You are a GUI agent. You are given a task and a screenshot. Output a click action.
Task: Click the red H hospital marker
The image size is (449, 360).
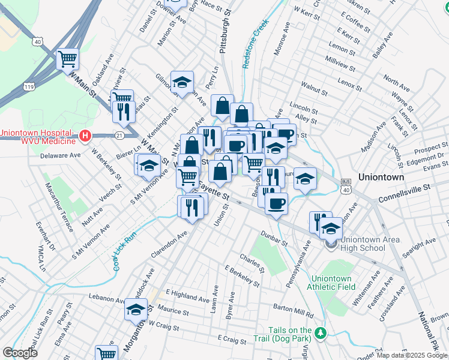(85, 136)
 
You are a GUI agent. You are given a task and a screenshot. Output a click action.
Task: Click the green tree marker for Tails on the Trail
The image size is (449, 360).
(322, 333)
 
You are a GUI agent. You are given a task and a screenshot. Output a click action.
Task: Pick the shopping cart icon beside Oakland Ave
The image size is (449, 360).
(68, 59)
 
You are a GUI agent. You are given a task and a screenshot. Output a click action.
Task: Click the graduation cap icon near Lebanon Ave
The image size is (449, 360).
(136, 310)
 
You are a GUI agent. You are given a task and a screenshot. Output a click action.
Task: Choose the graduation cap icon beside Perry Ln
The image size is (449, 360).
(182, 82)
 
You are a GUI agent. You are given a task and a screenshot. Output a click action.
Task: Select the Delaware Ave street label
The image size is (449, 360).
(60, 155)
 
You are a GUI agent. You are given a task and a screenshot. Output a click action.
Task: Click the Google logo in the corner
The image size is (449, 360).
(20, 353)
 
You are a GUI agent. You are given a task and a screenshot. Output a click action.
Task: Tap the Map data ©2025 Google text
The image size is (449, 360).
(412, 355)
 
